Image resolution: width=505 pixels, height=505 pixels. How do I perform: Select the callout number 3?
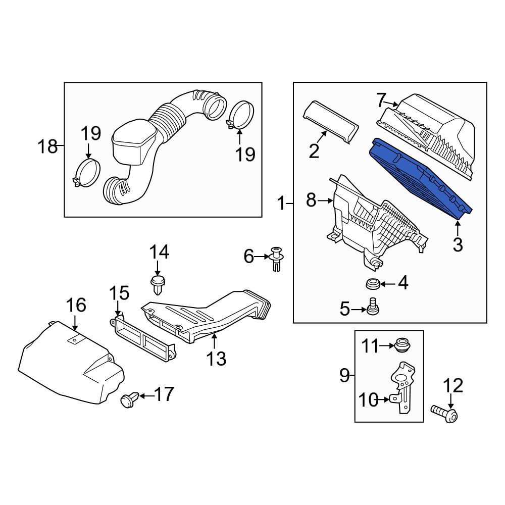458,244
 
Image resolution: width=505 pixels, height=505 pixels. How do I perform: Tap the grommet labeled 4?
373,284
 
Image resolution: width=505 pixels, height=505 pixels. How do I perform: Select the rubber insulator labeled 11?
402,345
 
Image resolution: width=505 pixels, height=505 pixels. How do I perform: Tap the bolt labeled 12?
444,413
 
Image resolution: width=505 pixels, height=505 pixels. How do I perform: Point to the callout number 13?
216,359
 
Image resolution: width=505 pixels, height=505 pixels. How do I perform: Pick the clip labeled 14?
158,284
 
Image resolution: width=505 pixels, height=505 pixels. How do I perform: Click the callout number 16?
76,305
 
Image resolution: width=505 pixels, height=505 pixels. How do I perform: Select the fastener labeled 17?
129,400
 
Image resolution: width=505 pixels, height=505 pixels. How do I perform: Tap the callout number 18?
47,146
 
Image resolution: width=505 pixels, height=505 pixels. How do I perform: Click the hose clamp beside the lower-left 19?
87,173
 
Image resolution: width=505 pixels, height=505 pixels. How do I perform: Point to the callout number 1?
281,204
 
